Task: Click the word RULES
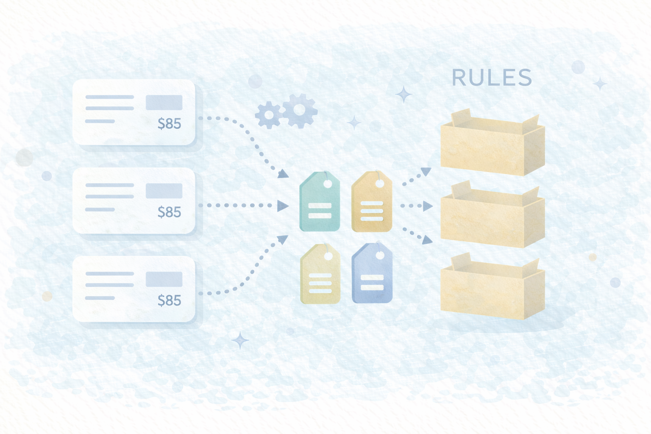pyautogui.click(x=492, y=78)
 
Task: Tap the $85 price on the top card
pyautogui.click(x=170, y=124)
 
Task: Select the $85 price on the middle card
pyautogui.click(x=170, y=212)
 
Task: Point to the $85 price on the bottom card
pyautogui.click(x=170, y=300)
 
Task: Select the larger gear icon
pyautogui.click(x=300, y=110)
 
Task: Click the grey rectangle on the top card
pyautogui.click(x=164, y=103)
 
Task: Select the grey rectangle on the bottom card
pyautogui.click(x=164, y=279)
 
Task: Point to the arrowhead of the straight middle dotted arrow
pyautogui.click(x=282, y=206)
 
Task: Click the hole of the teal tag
pyautogui.click(x=328, y=184)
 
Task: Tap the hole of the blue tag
pyautogui.click(x=380, y=255)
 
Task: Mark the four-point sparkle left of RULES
pyautogui.click(x=403, y=94)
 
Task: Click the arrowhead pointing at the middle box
pyautogui.click(x=428, y=206)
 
